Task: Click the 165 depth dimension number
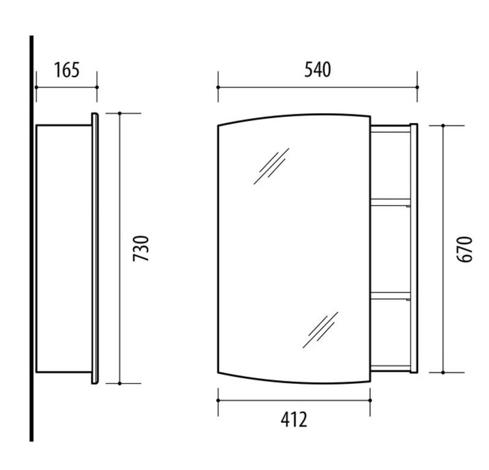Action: [67, 70]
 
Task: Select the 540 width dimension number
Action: [318, 70]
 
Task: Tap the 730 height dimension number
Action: [141, 248]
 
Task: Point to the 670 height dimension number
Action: [465, 249]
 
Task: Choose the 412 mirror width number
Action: [294, 420]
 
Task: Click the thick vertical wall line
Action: [31, 239]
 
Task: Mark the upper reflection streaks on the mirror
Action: [271, 166]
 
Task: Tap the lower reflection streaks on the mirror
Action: [320, 330]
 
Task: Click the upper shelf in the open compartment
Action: [390, 203]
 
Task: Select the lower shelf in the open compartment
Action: [390, 296]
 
